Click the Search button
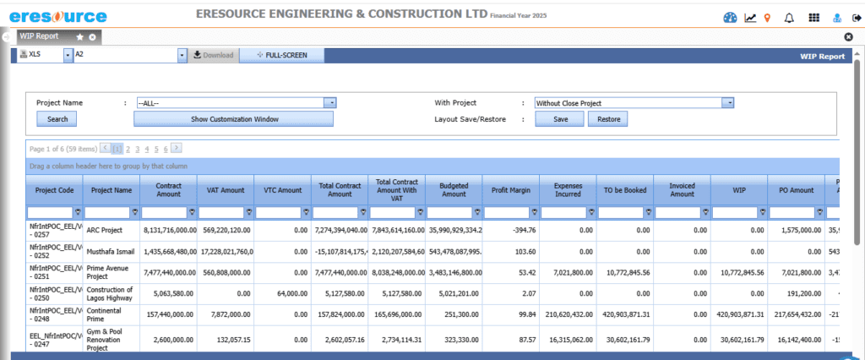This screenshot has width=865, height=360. [x=57, y=119]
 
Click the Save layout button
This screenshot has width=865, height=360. [x=560, y=119]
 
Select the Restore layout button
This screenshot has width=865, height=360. [x=608, y=119]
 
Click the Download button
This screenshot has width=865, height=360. [x=213, y=55]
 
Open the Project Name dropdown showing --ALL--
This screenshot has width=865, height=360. [x=237, y=102]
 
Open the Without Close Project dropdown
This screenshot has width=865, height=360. [x=634, y=102]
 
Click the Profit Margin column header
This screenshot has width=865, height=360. [x=510, y=190]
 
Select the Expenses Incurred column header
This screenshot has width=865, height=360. [x=568, y=190]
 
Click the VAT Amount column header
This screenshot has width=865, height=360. [x=225, y=190]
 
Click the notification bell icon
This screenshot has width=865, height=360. [x=789, y=17]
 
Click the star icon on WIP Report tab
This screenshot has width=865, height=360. [x=79, y=37]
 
